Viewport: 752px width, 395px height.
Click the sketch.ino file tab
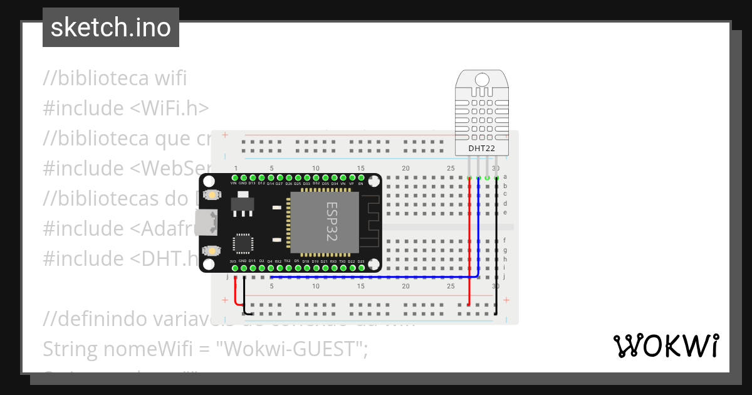coord(111,28)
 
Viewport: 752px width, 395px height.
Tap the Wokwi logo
coord(666,346)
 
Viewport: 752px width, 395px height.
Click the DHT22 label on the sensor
coord(482,149)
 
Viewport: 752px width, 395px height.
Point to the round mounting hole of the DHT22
coord(482,80)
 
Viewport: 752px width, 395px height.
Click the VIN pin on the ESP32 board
coord(234,179)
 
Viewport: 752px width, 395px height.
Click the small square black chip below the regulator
coord(243,244)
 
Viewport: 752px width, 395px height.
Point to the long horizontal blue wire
coord(376,276)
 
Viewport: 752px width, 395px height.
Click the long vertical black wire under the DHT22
coord(496,251)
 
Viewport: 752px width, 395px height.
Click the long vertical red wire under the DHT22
coord(469,251)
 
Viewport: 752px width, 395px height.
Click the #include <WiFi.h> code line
coord(126,108)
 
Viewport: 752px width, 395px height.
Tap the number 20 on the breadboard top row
coord(405,169)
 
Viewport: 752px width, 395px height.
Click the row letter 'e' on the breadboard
coord(505,212)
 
